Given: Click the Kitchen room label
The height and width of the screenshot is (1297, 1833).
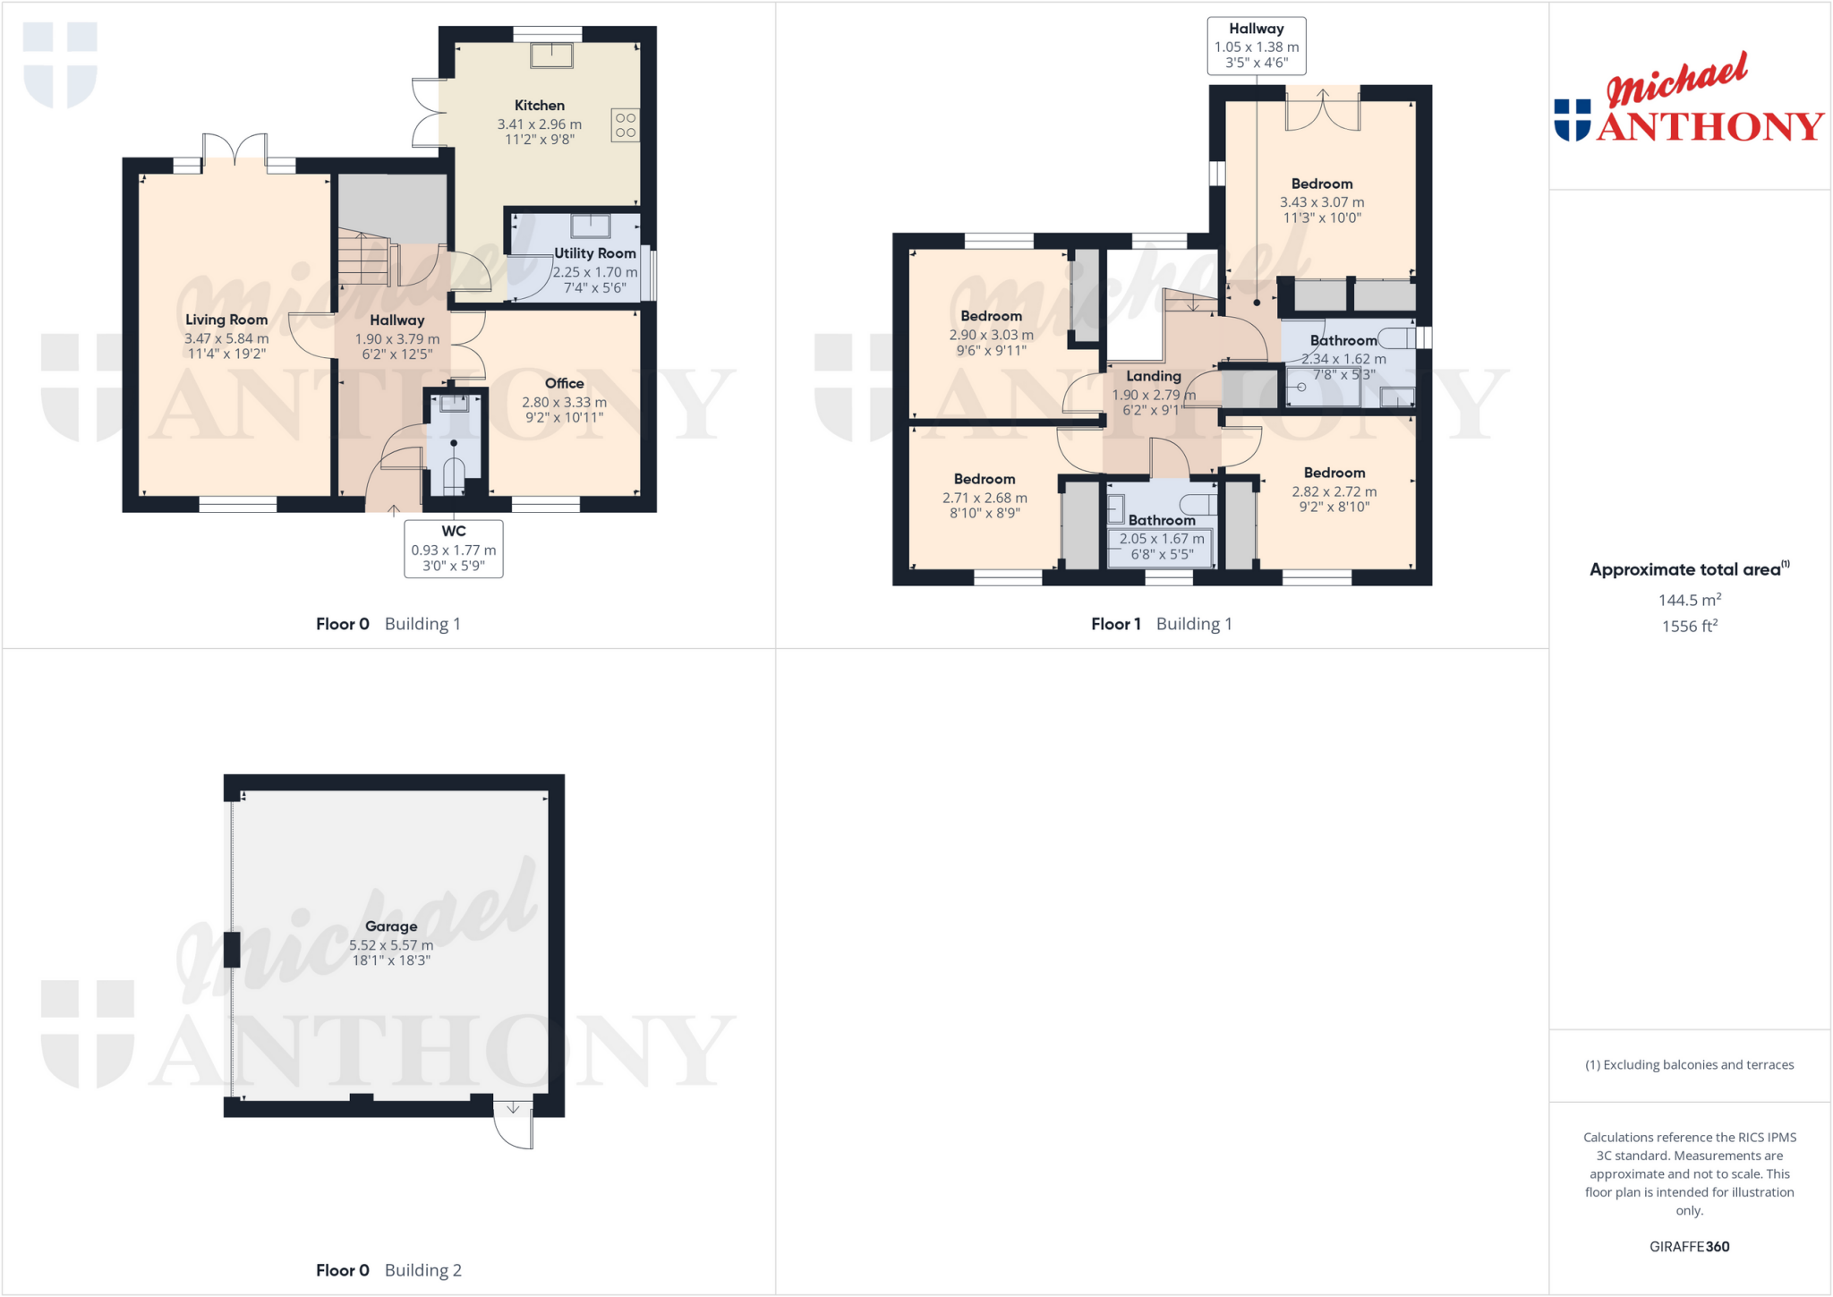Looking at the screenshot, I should click(539, 106).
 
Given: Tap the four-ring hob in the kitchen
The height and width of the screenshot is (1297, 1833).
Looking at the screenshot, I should click(625, 125).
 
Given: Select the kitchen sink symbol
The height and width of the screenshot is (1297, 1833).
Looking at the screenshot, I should click(551, 55).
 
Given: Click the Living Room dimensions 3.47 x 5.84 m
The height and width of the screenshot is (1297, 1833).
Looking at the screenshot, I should click(226, 338).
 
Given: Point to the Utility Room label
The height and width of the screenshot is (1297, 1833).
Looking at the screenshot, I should click(594, 253).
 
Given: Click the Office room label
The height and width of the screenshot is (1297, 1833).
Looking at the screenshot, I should click(564, 383).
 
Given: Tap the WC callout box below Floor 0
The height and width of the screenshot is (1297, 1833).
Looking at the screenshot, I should click(453, 549).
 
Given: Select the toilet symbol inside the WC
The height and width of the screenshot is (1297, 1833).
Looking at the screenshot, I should click(454, 475).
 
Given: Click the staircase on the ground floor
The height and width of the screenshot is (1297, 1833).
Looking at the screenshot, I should click(365, 259).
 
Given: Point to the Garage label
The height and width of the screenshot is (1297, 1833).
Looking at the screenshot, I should click(391, 926).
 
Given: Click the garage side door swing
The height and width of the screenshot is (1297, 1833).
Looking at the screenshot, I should click(514, 1127).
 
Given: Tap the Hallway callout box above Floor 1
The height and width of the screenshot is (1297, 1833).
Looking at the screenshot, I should click(1256, 46).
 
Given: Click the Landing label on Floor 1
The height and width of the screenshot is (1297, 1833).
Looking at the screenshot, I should click(1153, 376).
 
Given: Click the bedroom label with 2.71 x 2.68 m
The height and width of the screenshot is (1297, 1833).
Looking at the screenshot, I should click(984, 479).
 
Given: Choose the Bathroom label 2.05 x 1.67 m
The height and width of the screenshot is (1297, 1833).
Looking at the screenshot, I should click(1161, 520).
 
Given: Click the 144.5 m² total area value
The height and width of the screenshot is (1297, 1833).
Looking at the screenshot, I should click(1689, 600).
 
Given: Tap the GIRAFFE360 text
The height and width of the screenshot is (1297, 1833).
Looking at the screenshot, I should click(1689, 1246).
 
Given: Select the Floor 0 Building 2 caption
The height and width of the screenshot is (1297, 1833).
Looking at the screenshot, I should click(388, 1269).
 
